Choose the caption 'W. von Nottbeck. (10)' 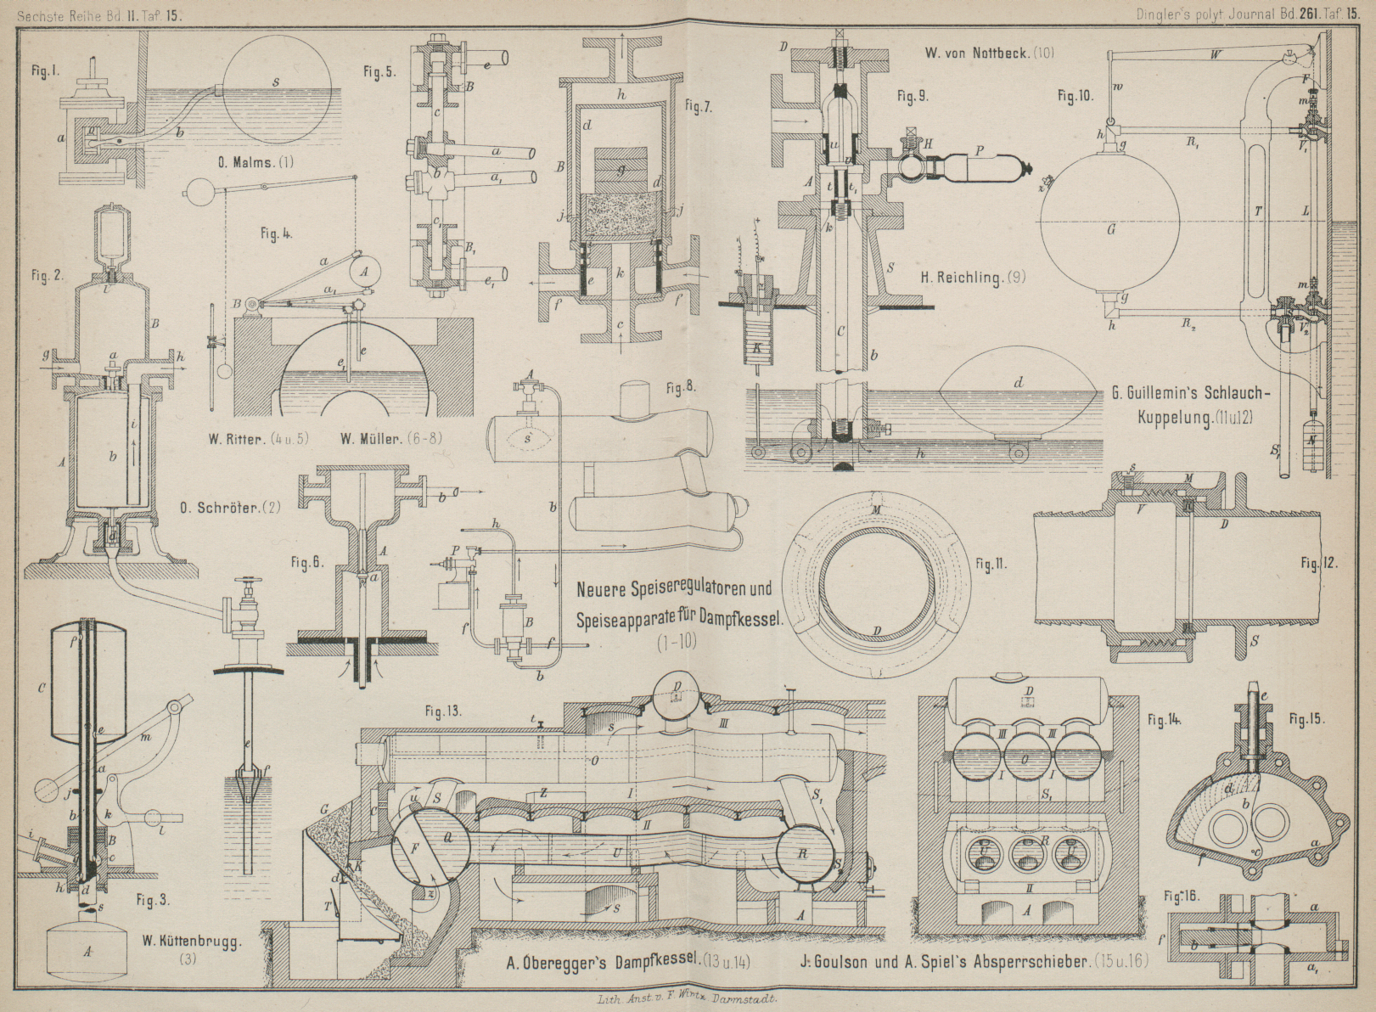click(x=990, y=53)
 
